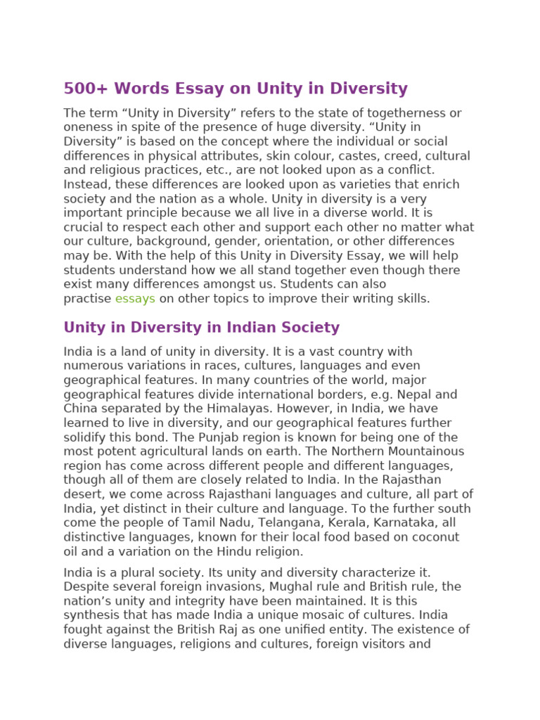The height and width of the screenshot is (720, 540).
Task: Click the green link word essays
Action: click(x=135, y=299)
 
